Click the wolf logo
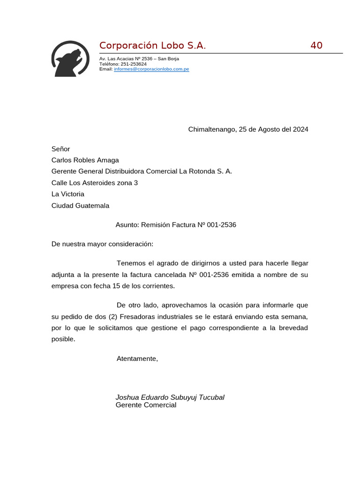point(70,59)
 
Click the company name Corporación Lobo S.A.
point(152,45)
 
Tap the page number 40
point(316,45)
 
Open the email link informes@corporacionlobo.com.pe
point(151,69)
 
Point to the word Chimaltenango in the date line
point(212,129)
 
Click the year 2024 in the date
point(300,129)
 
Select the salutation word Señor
point(60,149)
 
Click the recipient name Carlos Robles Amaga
point(85,160)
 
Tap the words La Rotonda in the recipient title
point(196,172)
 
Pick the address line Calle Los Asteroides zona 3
point(94,183)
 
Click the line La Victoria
point(67,194)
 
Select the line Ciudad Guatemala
point(80,205)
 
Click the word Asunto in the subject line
point(127,225)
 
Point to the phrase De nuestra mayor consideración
point(102,244)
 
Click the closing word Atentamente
point(137,359)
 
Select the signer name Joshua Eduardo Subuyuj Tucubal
point(170,397)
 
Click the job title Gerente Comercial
point(146,405)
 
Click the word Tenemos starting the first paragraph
point(132,263)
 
